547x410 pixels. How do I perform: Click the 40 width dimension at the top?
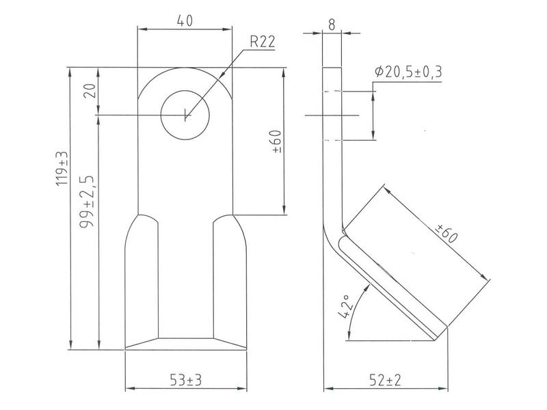click(185, 20)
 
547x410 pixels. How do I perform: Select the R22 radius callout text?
click(263, 42)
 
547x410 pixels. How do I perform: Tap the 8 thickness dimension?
click(332, 25)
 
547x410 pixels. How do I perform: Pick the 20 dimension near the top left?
click(88, 91)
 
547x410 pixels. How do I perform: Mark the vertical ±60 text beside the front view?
click(276, 141)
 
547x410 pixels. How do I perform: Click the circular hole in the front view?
click(185, 114)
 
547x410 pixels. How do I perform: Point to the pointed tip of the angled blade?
click(434, 338)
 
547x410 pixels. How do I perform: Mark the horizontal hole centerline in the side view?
click(332, 116)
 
